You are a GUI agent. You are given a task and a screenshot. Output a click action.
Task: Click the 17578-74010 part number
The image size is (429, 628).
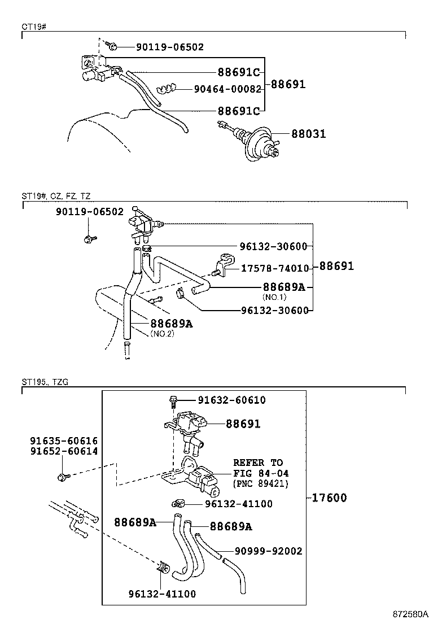click(275, 268)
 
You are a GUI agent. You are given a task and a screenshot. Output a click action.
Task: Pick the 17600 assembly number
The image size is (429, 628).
click(328, 498)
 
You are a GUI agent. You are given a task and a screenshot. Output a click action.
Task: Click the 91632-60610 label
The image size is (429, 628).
click(231, 400)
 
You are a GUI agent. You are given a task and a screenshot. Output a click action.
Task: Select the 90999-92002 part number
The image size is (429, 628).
click(268, 551)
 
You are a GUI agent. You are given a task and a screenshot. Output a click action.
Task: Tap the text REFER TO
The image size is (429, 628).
click(258, 463)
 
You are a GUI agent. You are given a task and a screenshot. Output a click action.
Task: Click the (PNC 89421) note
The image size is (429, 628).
click(260, 483)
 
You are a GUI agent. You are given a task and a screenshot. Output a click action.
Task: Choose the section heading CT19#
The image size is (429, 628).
click(33, 27)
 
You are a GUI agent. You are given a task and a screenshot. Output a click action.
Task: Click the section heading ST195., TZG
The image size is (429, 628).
click(45, 382)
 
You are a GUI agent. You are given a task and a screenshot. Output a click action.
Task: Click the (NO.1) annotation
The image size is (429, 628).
click(275, 297)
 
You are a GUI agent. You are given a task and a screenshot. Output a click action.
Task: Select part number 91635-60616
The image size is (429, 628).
click(64, 441)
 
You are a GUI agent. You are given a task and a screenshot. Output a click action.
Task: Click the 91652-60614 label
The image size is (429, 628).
click(64, 451)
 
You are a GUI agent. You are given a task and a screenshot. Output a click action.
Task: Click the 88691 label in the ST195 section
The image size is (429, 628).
click(243, 424)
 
